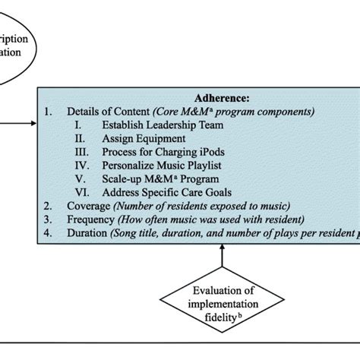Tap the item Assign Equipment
pyautogui.click(x=144, y=139)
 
